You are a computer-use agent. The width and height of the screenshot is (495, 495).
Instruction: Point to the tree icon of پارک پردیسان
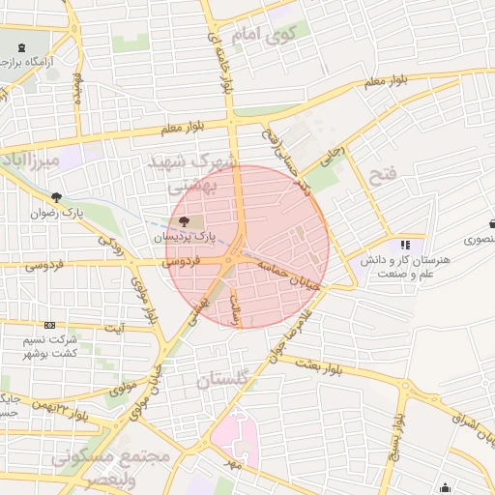click(185, 221)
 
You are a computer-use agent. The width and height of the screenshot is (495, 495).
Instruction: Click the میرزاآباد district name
click(31, 158)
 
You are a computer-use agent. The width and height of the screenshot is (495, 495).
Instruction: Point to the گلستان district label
click(223, 380)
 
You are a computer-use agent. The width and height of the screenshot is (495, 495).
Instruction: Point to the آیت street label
click(114, 328)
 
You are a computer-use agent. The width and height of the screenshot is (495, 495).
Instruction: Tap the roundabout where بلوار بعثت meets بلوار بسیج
click(399, 385)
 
